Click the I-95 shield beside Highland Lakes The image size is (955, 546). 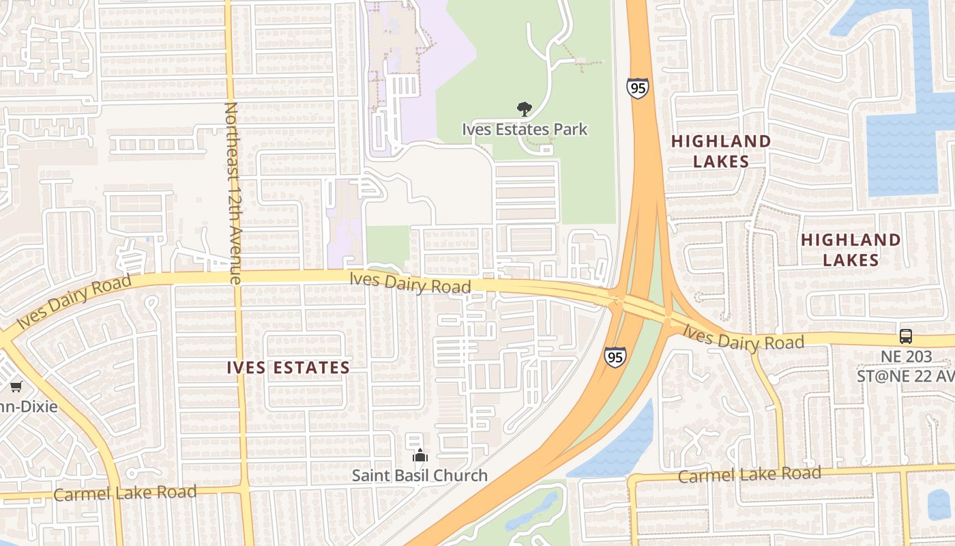[637, 88]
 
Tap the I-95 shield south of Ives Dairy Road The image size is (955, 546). [615, 357]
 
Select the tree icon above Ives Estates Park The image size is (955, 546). [524, 109]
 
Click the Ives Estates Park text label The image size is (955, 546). [524, 129]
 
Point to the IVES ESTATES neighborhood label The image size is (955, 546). [288, 368]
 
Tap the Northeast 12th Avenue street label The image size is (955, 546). [232, 192]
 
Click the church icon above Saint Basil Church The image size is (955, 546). [420, 455]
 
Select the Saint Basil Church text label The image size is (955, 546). [420, 475]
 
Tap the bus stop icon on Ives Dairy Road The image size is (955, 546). [905, 336]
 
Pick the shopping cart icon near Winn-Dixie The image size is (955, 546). [16, 386]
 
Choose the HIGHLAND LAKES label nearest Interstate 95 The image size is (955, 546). [721, 151]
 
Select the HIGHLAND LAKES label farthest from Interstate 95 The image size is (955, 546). [851, 250]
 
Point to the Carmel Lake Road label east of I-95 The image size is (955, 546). [749, 474]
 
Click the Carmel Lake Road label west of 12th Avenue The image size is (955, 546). [125, 493]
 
